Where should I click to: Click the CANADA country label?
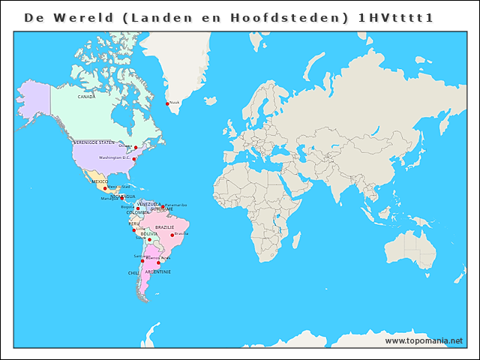(x=86, y=97)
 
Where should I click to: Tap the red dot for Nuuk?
(x=167, y=103)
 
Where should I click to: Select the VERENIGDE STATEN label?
(x=94, y=142)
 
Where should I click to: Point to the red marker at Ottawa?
(x=136, y=148)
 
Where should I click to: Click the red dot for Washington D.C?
(x=134, y=159)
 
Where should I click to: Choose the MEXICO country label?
(x=100, y=181)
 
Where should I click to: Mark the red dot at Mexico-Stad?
(x=105, y=188)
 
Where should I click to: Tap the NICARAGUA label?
(x=123, y=196)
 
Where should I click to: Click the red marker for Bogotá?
(x=138, y=208)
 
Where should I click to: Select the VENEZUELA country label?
(x=148, y=203)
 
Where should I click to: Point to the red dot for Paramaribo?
(x=163, y=206)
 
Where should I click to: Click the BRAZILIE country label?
(x=164, y=227)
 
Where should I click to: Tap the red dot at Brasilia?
(x=172, y=235)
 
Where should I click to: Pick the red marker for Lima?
(x=134, y=230)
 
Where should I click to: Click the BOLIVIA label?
(x=149, y=234)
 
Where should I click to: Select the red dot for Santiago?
(x=142, y=260)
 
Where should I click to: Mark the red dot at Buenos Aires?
(x=158, y=262)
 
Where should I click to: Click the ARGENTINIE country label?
(x=157, y=271)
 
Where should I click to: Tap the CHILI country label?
(x=133, y=274)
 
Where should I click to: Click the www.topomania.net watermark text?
(x=424, y=340)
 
